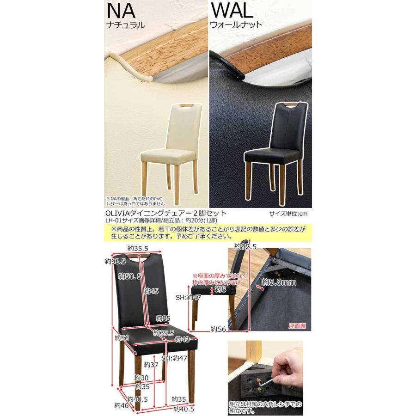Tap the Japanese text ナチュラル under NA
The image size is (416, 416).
pos(126,25)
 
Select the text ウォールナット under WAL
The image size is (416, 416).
pos(236,24)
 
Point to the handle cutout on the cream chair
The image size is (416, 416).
pos(187,106)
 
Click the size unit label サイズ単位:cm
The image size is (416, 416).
pos(288,214)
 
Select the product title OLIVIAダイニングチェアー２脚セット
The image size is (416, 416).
pos(166,213)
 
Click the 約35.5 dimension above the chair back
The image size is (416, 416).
pos(138,249)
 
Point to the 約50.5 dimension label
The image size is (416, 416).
pos(130,276)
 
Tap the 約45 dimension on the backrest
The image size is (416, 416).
pos(151,291)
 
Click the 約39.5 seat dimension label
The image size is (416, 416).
pos(164,333)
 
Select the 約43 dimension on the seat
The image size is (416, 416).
pos(182,339)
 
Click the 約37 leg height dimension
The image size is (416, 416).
pos(151,365)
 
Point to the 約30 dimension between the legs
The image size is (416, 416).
pos(141,378)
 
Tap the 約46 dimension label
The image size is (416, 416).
pos(122,405)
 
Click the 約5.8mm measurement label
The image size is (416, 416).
pos(279,282)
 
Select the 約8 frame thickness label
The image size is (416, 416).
pos(220,289)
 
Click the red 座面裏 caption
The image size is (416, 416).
pos(297,326)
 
